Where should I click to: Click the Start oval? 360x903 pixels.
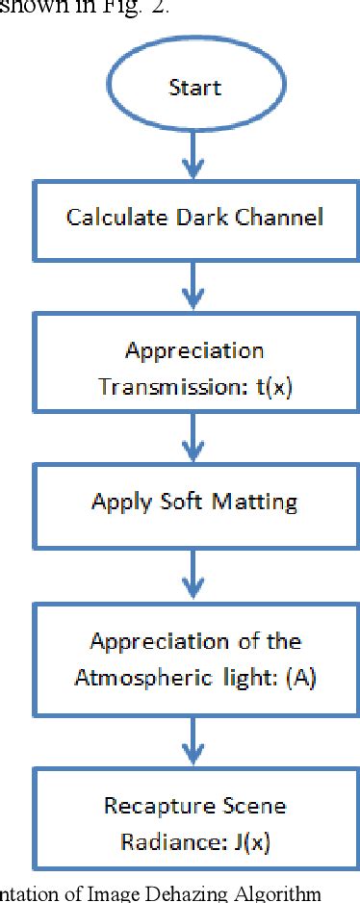(195, 88)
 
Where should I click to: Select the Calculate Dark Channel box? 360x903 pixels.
(195, 217)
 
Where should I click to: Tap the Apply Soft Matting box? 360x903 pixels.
(195, 502)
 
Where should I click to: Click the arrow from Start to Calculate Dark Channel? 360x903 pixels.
(195, 153)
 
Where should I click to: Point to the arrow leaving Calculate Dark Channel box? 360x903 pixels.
(195, 281)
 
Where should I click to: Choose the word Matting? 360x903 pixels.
(254, 502)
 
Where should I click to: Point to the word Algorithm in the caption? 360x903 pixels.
(279, 892)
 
